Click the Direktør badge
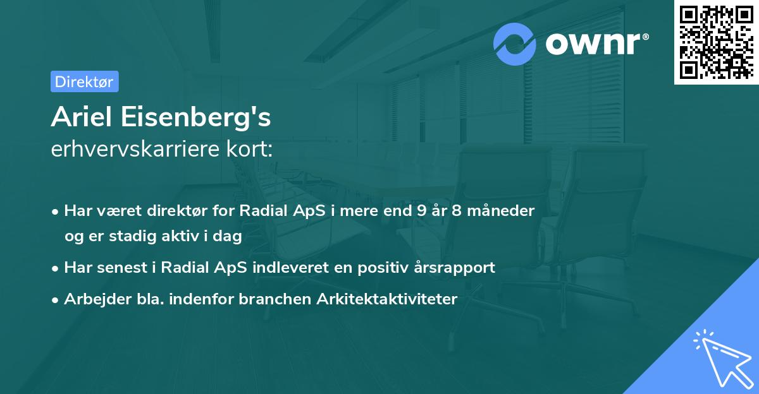(x=84, y=81)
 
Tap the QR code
(x=715, y=41)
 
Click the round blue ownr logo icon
(x=515, y=44)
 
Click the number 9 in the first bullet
(x=422, y=210)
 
